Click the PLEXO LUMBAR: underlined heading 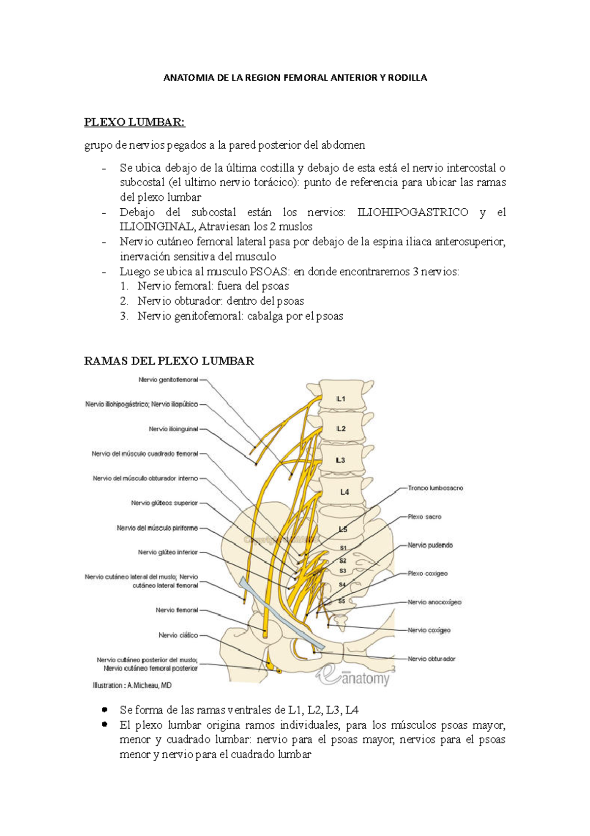pos(135,122)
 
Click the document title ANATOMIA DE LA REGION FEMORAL pos(295,78)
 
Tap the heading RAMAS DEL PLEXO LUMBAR pos(169,361)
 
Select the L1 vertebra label pos(341,399)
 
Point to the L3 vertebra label pos(340,460)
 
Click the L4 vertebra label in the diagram pos(344,492)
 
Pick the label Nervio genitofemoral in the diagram pos(168,380)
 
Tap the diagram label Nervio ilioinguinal pos(173,429)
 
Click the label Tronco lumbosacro pos(435,488)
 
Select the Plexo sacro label pos(424,517)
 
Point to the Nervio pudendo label pos(430,545)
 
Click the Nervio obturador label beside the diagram pos(431,659)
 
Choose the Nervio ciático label pos(178,635)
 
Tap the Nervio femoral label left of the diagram pos(177,610)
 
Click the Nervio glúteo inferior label pos(168,552)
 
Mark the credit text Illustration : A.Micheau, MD pos(132,685)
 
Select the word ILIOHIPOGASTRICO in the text pos(413,212)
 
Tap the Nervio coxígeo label pos(429,630)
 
